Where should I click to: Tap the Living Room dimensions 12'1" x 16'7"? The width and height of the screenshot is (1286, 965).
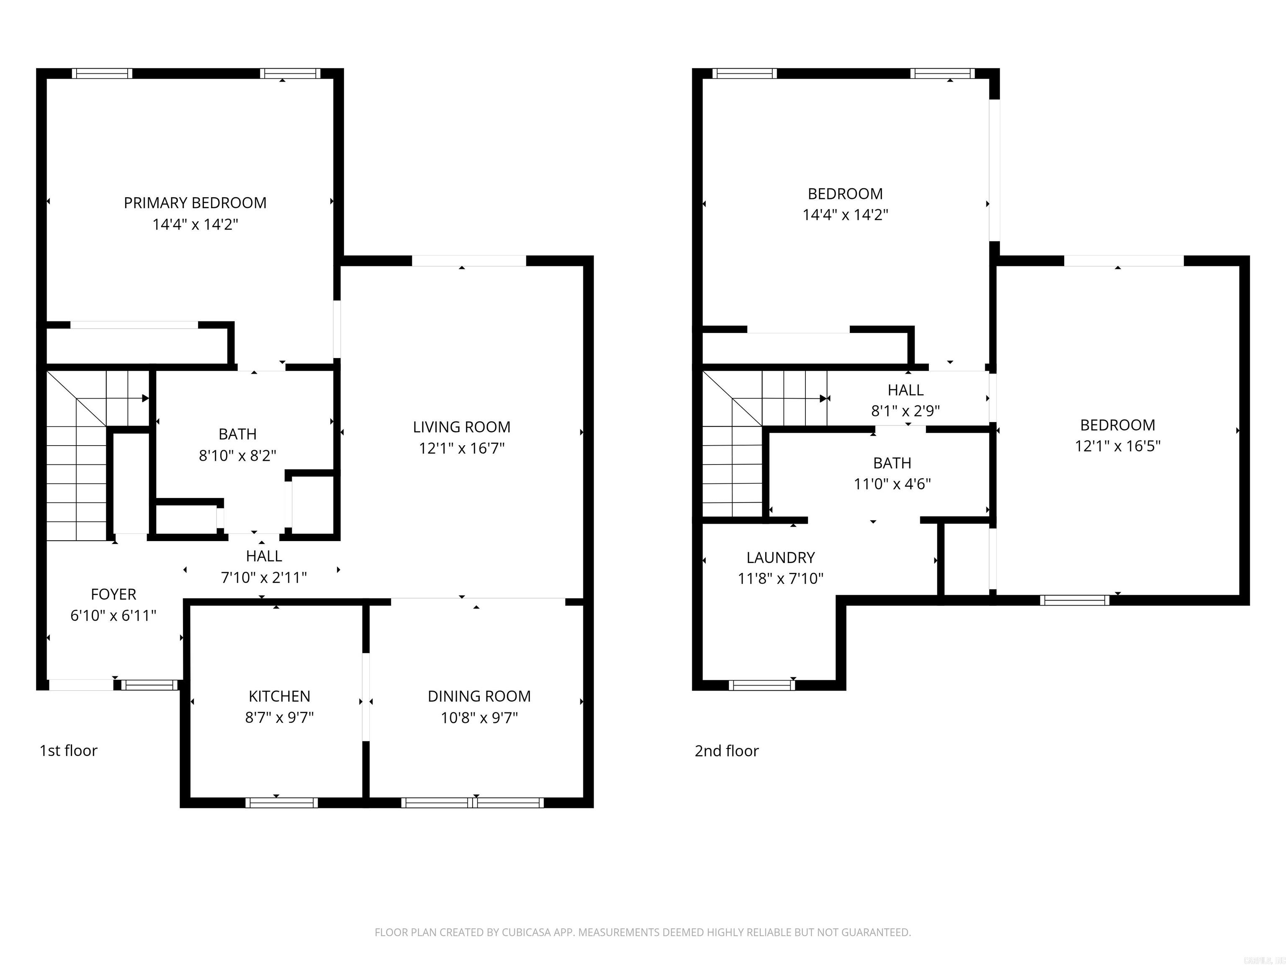462,449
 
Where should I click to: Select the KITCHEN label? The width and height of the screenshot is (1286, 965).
279,696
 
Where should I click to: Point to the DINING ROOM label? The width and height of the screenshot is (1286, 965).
479,696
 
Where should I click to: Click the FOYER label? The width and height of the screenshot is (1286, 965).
113,594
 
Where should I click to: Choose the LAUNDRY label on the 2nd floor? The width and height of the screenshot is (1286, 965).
780,558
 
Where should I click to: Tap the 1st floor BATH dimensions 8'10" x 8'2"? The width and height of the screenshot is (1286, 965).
237,455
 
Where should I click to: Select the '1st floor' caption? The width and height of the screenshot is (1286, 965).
68,751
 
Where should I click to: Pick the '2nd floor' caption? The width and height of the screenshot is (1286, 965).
726,751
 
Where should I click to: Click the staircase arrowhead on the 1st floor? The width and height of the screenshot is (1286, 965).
145,398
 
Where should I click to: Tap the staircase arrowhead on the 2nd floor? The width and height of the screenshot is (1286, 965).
823,398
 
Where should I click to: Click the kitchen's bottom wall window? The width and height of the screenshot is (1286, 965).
281,803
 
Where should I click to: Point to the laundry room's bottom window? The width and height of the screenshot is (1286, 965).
761,685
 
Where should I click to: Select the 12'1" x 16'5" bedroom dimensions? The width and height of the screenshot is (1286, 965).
1117,446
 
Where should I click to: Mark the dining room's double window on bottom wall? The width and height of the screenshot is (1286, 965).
472,803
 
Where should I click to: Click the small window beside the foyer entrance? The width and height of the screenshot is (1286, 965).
149,685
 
